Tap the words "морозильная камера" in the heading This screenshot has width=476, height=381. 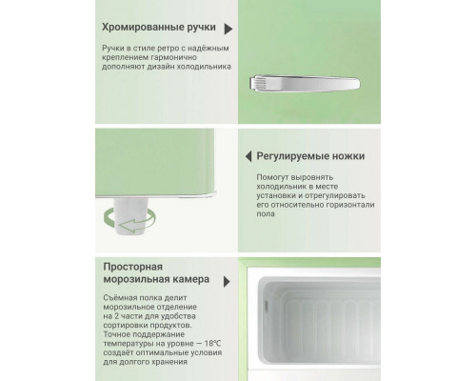pyautogui.click(x=157, y=281)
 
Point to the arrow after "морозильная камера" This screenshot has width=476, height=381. pyautogui.click(x=226, y=281)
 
